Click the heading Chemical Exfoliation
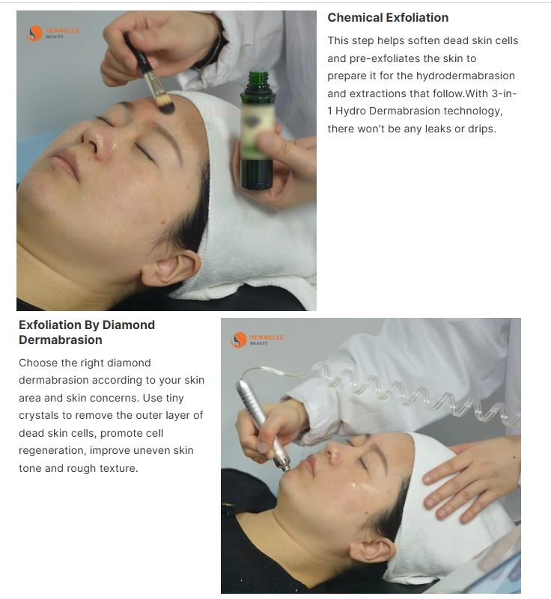click(x=388, y=17)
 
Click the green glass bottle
click(x=258, y=130)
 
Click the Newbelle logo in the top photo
click(x=52, y=33)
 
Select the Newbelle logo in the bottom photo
click(x=257, y=340)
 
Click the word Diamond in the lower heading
click(x=129, y=325)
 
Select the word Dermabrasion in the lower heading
click(x=61, y=340)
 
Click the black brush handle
click(x=136, y=55)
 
